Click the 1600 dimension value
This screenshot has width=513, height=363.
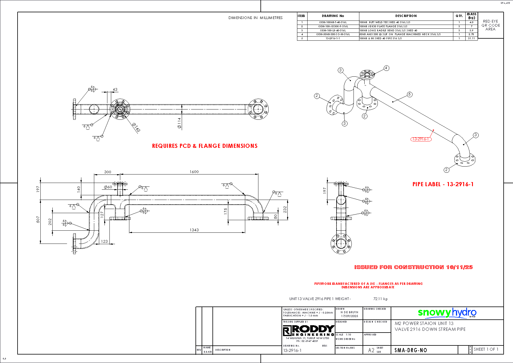pos(194,172)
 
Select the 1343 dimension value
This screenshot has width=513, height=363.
pos(194,230)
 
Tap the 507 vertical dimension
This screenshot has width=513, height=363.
pos(38,220)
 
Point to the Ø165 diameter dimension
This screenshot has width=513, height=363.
pos(136,127)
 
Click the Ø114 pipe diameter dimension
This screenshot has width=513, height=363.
pos(179,123)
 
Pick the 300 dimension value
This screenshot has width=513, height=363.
pos(108,172)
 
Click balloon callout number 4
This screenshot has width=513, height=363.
pos(386,68)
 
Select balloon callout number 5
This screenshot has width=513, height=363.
pos(409,94)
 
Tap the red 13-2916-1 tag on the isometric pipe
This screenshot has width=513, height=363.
pos(421,139)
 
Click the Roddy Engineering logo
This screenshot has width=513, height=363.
pos(308,331)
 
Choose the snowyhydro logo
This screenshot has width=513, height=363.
pos(447,313)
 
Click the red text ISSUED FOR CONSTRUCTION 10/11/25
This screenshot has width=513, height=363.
pos(413,267)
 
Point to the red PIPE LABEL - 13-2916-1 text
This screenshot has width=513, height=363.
pos(443,184)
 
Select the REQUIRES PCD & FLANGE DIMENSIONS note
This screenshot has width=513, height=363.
pos(205,146)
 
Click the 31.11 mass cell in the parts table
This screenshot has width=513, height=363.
pos(471,38)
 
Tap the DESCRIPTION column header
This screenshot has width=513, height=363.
pos(406,16)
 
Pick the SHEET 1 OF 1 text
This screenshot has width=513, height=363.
pos(486,349)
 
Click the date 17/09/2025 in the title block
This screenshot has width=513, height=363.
pos(349,316)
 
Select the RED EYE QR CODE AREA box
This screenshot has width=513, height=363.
pos(490,25)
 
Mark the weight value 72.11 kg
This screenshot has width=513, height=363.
pos(380,299)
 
